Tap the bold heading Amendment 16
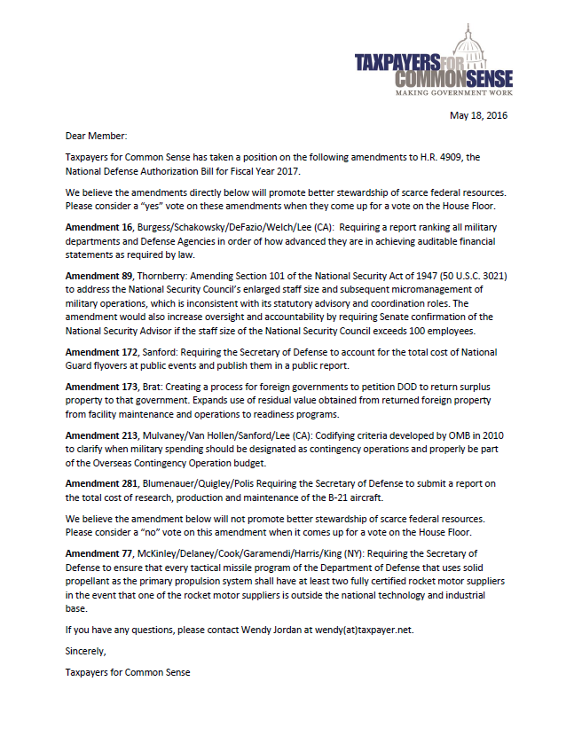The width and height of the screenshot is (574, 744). point(98,228)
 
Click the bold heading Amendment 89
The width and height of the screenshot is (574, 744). point(98,276)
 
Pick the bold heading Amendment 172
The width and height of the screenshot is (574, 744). point(100,352)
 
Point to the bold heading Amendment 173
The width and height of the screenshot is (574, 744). point(100,387)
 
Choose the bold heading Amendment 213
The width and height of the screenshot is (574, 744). point(100,435)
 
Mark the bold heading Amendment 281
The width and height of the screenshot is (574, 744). point(100,483)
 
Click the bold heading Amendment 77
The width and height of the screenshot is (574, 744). point(98,553)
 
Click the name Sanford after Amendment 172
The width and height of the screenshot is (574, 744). point(161,352)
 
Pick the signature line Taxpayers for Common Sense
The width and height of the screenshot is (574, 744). point(128,671)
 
